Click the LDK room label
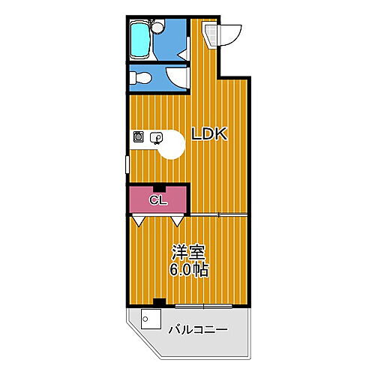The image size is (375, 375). click(208, 135)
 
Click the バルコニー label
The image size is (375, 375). click(197, 329)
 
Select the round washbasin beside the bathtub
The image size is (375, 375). click(158, 28)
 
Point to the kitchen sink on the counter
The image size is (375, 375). click(156, 137)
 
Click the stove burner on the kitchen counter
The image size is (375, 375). click(139, 137)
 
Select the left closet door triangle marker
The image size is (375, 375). click(139, 222)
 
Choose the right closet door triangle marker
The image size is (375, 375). click(177, 222)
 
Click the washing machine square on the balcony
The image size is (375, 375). click(148, 320)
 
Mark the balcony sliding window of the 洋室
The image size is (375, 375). click(204, 306)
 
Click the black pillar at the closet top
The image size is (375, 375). click(157, 188)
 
